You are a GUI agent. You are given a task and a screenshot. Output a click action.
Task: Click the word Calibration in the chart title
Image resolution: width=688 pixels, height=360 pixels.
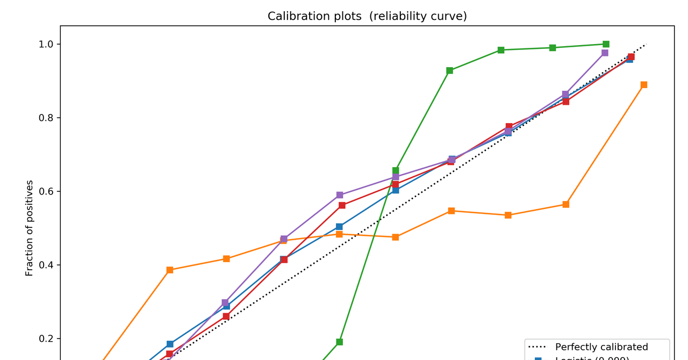coord(293,16)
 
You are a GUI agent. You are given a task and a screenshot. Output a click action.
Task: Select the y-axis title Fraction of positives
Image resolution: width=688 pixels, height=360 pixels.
coord(30,228)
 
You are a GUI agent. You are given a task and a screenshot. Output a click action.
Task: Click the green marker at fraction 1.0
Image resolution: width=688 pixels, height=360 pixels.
coord(606,44)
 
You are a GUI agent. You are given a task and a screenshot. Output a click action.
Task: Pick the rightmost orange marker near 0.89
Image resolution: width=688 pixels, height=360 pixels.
coord(643,85)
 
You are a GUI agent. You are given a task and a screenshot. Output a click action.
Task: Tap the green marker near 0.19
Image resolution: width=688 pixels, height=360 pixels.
coord(339,342)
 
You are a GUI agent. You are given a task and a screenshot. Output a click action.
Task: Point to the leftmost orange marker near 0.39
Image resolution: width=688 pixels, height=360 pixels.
coord(170,270)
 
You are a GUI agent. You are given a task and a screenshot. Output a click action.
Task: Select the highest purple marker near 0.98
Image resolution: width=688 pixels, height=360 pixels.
coord(605,53)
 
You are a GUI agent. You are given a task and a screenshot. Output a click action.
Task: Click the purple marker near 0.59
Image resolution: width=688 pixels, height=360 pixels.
coord(340,195)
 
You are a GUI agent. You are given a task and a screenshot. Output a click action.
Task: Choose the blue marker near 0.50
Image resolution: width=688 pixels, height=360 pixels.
coord(339,227)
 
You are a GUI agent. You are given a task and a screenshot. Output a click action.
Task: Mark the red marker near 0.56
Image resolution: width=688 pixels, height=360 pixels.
coord(342,205)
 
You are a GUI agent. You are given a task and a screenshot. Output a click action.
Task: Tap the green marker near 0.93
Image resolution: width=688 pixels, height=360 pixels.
coord(449,70)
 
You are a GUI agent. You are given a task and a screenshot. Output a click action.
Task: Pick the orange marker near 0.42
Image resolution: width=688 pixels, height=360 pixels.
coord(226,259)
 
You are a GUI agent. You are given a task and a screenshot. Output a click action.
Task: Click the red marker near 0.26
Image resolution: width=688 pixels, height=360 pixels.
coord(226,316)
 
